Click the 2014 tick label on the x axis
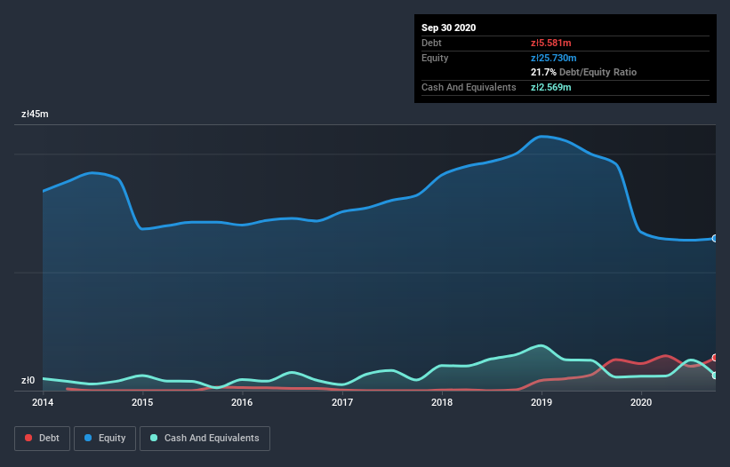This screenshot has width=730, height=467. (x=43, y=402)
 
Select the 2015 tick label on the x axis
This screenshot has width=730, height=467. (x=142, y=402)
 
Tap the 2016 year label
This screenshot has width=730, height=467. (x=242, y=402)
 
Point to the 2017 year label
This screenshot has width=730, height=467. (x=342, y=402)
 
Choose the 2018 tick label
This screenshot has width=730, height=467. (x=442, y=402)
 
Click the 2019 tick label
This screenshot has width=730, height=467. (x=541, y=402)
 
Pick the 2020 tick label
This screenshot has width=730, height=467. (x=641, y=402)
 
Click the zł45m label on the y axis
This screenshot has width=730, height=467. (x=35, y=115)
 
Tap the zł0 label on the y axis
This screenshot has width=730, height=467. (x=28, y=381)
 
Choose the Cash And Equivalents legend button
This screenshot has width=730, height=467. (x=205, y=438)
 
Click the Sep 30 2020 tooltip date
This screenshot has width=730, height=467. (x=449, y=28)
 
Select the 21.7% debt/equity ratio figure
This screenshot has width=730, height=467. (x=545, y=72)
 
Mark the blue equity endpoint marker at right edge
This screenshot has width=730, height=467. (x=714, y=239)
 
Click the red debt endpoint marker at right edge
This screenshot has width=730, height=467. (x=714, y=358)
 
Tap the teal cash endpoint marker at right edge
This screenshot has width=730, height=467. (x=714, y=376)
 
